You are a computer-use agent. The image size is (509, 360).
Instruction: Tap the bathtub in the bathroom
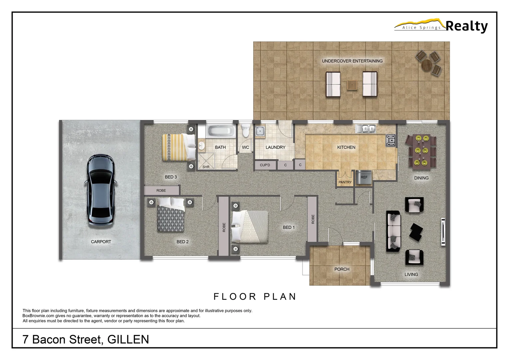220,131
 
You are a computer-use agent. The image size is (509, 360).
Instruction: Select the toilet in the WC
246,130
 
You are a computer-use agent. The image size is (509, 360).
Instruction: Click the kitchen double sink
365,128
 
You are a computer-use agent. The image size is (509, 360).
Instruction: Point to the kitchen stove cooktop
391,140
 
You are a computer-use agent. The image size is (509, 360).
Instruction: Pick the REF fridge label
364,177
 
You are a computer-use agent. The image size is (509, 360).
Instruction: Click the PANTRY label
345,182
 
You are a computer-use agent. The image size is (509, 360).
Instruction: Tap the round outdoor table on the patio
427,65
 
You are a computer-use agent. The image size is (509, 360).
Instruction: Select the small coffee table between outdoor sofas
352,85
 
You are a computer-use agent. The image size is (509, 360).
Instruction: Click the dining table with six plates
421,150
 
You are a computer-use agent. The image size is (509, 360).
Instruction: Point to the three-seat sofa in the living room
393,231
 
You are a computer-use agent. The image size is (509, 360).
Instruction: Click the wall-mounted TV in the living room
443,232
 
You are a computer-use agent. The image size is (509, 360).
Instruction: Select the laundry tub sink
260,131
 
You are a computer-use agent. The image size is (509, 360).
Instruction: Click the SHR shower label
206,167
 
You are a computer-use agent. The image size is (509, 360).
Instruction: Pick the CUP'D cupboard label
265,165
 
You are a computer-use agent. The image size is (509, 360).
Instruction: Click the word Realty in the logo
466,26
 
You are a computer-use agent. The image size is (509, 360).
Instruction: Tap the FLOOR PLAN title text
255,297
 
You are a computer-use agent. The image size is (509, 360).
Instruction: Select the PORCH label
342,269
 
